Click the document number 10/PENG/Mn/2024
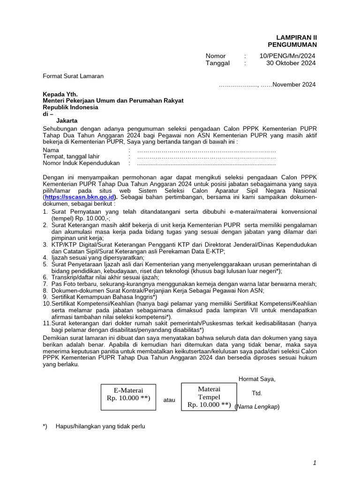287,56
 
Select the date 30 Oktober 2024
291,63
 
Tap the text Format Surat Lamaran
73,76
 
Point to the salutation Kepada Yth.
60,94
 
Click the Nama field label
51,150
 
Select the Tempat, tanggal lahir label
71,157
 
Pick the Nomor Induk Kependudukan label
81,163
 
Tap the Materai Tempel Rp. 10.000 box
209,397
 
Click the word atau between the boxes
169,400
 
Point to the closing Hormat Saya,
257,379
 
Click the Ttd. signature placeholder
257,393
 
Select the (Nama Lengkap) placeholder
257,407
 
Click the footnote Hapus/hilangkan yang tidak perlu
100,427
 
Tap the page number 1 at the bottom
315,463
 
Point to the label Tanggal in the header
217,63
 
